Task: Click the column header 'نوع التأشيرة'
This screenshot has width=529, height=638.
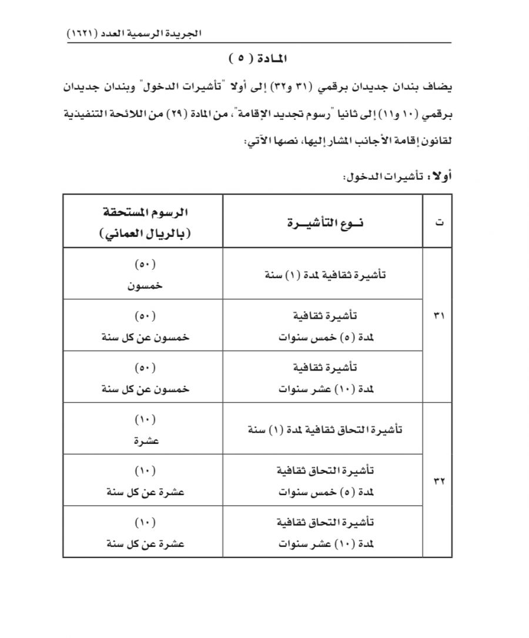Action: pos(322,223)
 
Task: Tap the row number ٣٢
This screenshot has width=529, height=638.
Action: pos(438,480)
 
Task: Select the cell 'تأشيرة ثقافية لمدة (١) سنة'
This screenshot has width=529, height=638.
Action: pos(322,274)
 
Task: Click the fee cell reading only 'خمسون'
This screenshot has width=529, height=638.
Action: pos(143,275)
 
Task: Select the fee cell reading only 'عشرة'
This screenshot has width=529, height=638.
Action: pos(143,429)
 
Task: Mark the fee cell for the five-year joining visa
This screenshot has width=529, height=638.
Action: pos(143,480)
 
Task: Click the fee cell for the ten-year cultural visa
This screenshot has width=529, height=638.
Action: pos(143,378)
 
